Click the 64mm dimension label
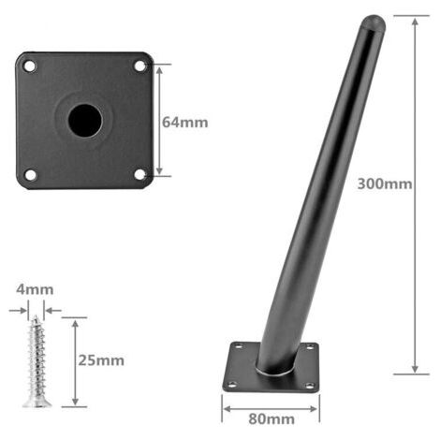point(185,122)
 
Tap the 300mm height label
point(385,183)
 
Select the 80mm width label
point(271,419)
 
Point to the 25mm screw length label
point(101,360)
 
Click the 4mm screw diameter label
point(35,289)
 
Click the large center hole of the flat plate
point(85,121)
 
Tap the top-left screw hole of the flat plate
point(30,66)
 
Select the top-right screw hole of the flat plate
point(139,66)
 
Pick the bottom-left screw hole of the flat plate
point(30,175)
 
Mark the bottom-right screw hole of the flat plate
point(139,174)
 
